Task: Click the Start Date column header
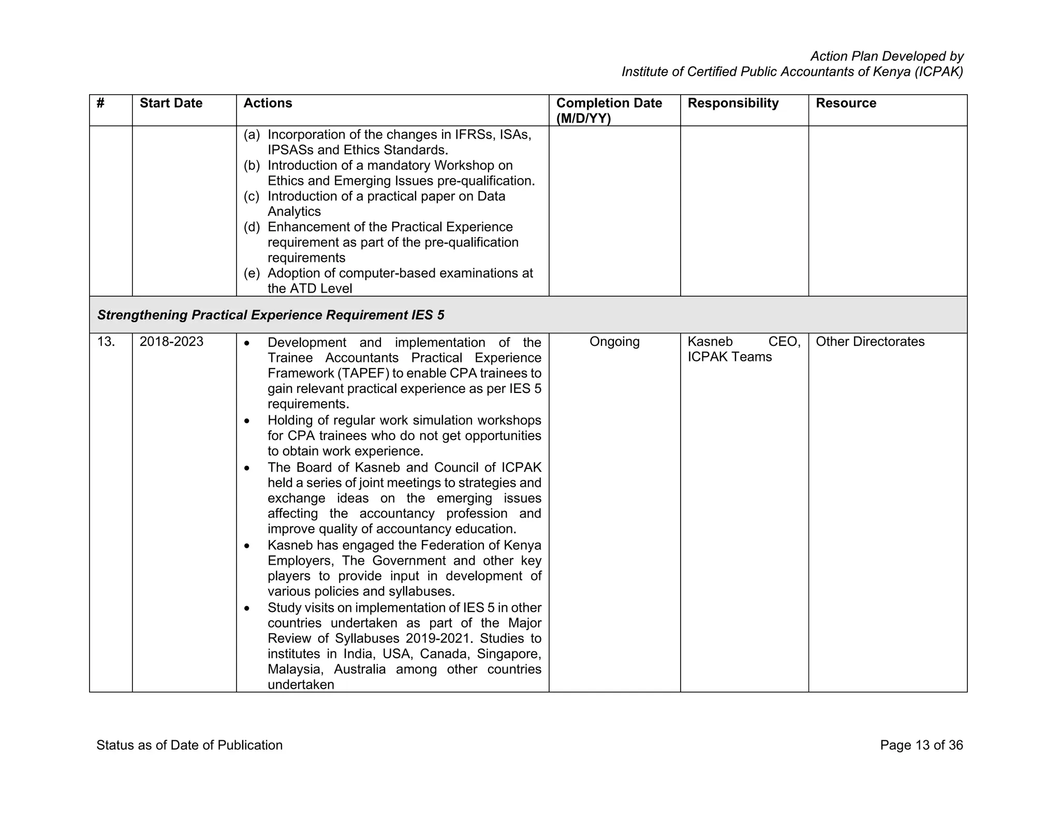click(171, 104)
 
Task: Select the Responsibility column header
click(733, 104)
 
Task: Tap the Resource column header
click(846, 104)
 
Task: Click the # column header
click(100, 104)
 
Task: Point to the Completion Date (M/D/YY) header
click(609, 111)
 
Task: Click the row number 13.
click(106, 342)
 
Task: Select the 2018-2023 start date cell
click(171, 342)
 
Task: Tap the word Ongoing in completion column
click(614, 342)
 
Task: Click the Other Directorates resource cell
click(870, 342)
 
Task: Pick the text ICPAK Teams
click(729, 357)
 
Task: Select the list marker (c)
click(252, 197)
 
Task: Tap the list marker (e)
click(252, 273)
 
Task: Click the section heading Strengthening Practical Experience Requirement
click(271, 315)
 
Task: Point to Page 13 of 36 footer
click(921, 745)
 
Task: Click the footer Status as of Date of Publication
click(189, 745)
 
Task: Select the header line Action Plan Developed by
click(887, 56)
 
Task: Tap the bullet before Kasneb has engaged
click(247, 546)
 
